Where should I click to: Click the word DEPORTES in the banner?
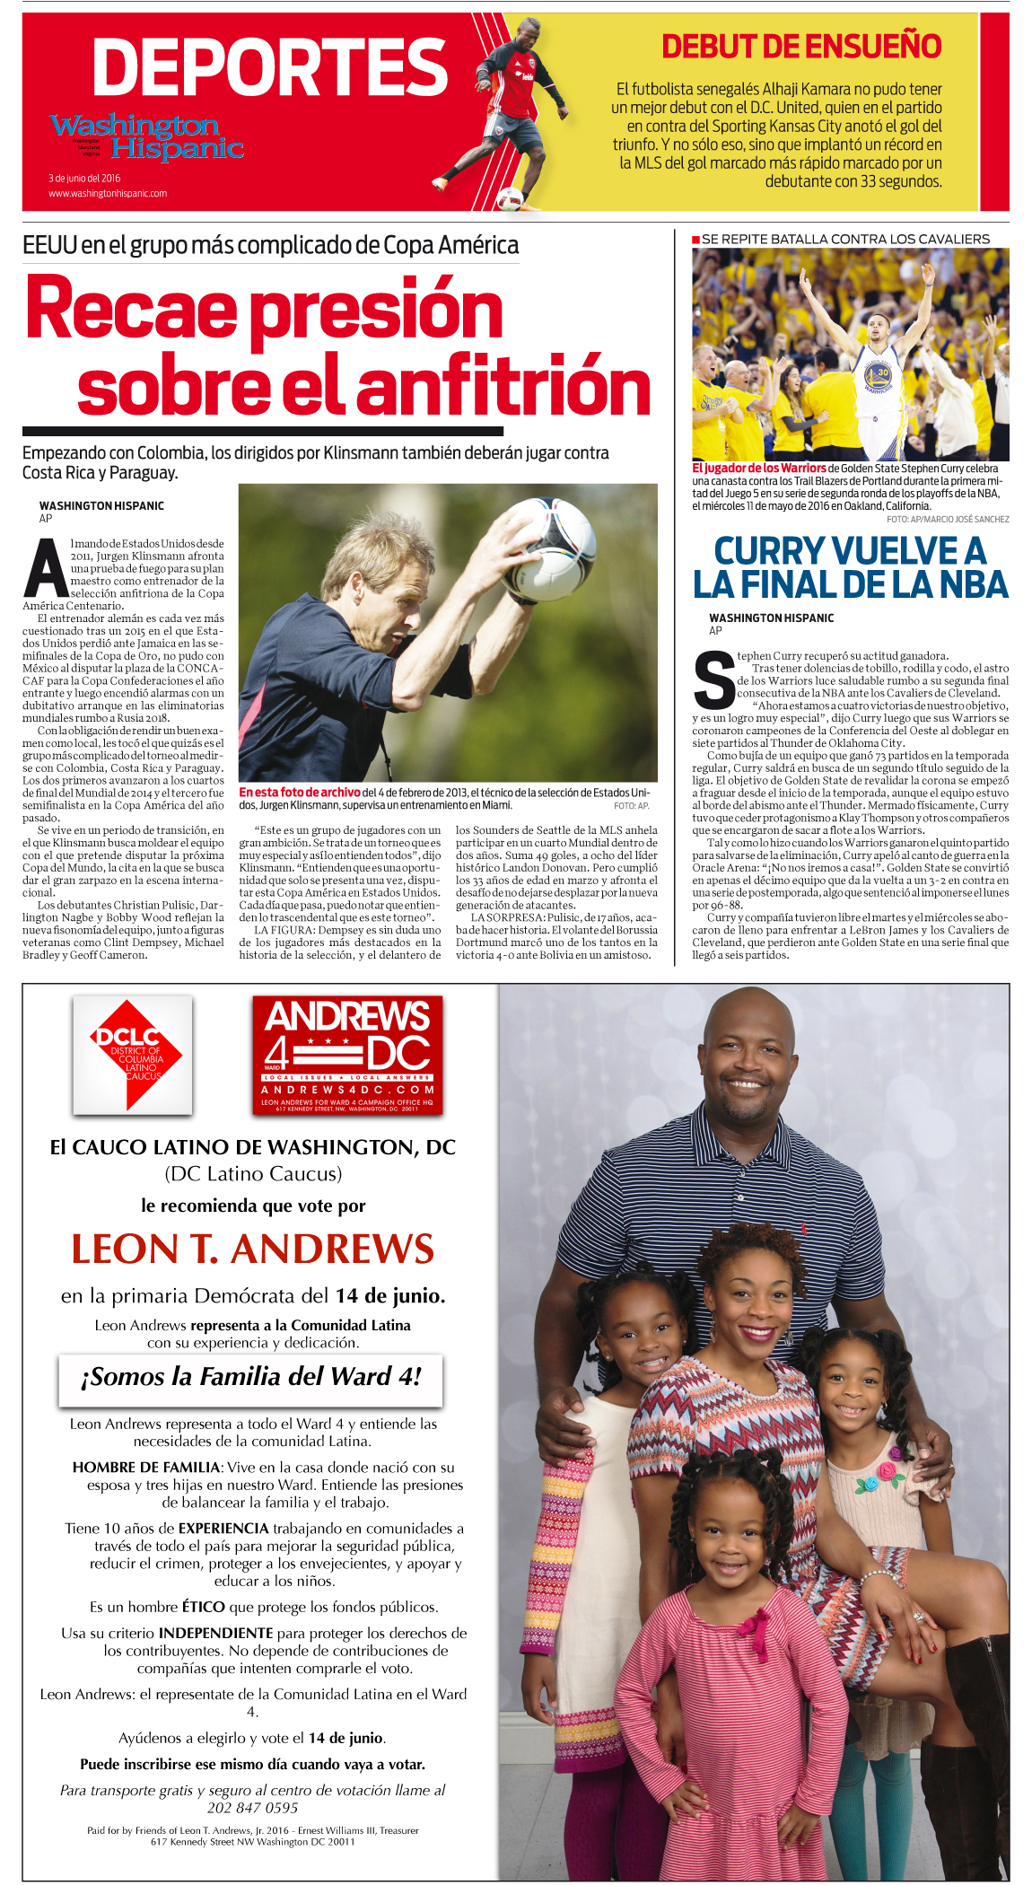tap(269, 67)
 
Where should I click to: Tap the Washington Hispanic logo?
tap(146, 136)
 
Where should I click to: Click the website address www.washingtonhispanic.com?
tap(108, 193)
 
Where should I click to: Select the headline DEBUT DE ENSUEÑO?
tap(800, 47)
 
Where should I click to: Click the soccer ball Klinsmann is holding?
tap(549, 548)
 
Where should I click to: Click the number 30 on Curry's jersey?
tap(882, 373)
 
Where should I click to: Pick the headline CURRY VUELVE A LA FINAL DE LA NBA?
tap(850, 567)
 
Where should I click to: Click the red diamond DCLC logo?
tap(133, 1055)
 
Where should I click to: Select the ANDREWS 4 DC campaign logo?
tap(347, 1055)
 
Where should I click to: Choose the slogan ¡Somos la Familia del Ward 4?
tap(250, 1376)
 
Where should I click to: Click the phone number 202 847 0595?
tap(252, 1807)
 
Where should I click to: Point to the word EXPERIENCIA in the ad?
tap(223, 1528)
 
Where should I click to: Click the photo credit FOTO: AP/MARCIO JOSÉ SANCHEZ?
tap(948, 519)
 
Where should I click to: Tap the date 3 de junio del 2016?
tap(84, 178)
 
